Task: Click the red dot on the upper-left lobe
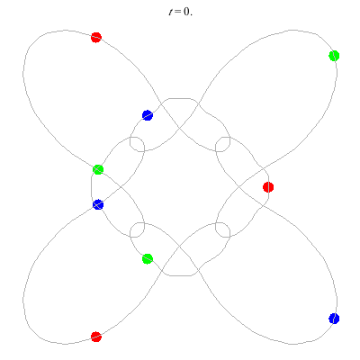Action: click(x=96, y=38)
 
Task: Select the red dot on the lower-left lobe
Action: click(x=96, y=337)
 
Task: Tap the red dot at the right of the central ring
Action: click(x=268, y=187)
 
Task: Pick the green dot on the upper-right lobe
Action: click(x=334, y=56)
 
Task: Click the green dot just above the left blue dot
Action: click(x=98, y=169)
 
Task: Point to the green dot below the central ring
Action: click(x=148, y=259)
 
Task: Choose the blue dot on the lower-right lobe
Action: click(x=334, y=319)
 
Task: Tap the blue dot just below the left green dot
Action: click(x=98, y=204)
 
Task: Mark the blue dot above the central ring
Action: click(x=148, y=115)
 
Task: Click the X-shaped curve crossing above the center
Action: click(x=180, y=128)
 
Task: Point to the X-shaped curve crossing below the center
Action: click(x=180, y=247)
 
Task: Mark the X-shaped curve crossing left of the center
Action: click(x=121, y=187)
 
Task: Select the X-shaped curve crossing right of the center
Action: click(x=239, y=187)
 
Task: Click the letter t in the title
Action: click(x=171, y=12)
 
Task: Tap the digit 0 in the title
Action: click(x=186, y=12)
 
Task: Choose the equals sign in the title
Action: click(x=178, y=12)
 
